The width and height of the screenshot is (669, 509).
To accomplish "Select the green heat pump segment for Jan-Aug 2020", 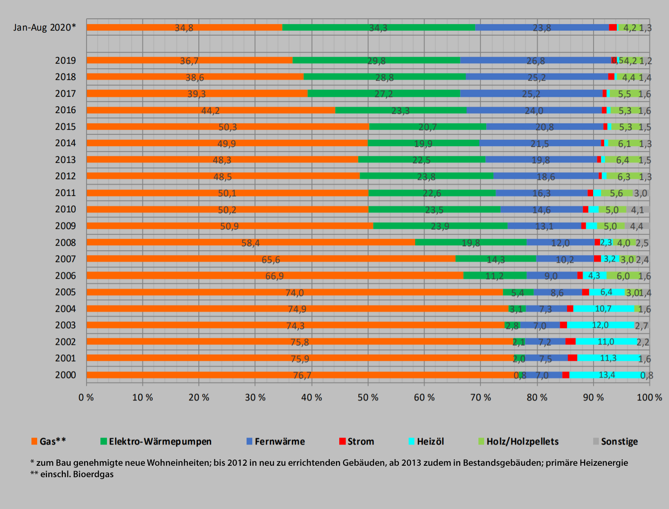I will pyautogui.click(x=378, y=27).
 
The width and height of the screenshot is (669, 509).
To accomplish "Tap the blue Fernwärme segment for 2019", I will pyautogui.click(x=536, y=60).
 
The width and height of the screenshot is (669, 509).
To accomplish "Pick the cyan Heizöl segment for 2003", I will pyautogui.click(x=600, y=325).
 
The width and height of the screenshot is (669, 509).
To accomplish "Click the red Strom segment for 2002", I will pyautogui.click(x=570, y=341).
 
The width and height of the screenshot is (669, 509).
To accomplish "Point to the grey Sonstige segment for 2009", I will pyautogui.click(x=637, y=226).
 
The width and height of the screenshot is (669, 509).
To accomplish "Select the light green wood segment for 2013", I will pyautogui.click(x=622, y=160).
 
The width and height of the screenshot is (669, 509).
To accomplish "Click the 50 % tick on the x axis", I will pyautogui.click(x=368, y=397).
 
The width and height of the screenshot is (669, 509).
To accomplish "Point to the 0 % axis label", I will pyautogui.click(x=86, y=397).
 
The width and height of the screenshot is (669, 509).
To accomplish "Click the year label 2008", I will pyautogui.click(x=65, y=242).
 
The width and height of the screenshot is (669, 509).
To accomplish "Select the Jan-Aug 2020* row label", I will pyautogui.click(x=44, y=27).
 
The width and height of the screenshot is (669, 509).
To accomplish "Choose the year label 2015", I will pyautogui.click(x=65, y=127).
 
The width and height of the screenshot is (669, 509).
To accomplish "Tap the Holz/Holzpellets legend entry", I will pyautogui.click(x=522, y=441).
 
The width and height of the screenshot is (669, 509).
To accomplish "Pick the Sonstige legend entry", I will pyautogui.click(x=619, y=441).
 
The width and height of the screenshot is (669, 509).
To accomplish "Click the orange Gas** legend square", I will pyautogui.click(x=34, y=441).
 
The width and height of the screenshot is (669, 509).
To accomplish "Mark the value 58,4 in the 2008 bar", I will pyautogui.click(x=250, y=243).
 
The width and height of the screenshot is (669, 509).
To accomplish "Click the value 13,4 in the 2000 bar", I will pyautogui.click(x=607, y=375).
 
